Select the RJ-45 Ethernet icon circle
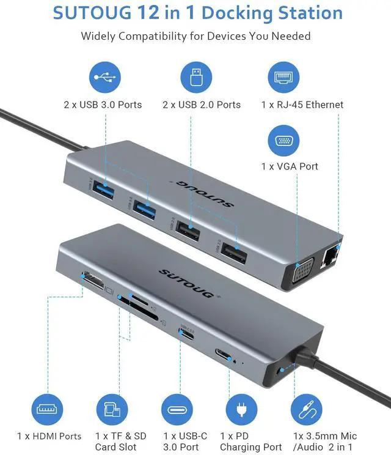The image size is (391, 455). click(283, 77)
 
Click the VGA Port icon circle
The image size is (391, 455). click(283, 140)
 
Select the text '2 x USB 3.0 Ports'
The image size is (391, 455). click(103, 105)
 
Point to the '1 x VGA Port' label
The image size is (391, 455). click(290, 166)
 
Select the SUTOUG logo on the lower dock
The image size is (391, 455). click(187, 283)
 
